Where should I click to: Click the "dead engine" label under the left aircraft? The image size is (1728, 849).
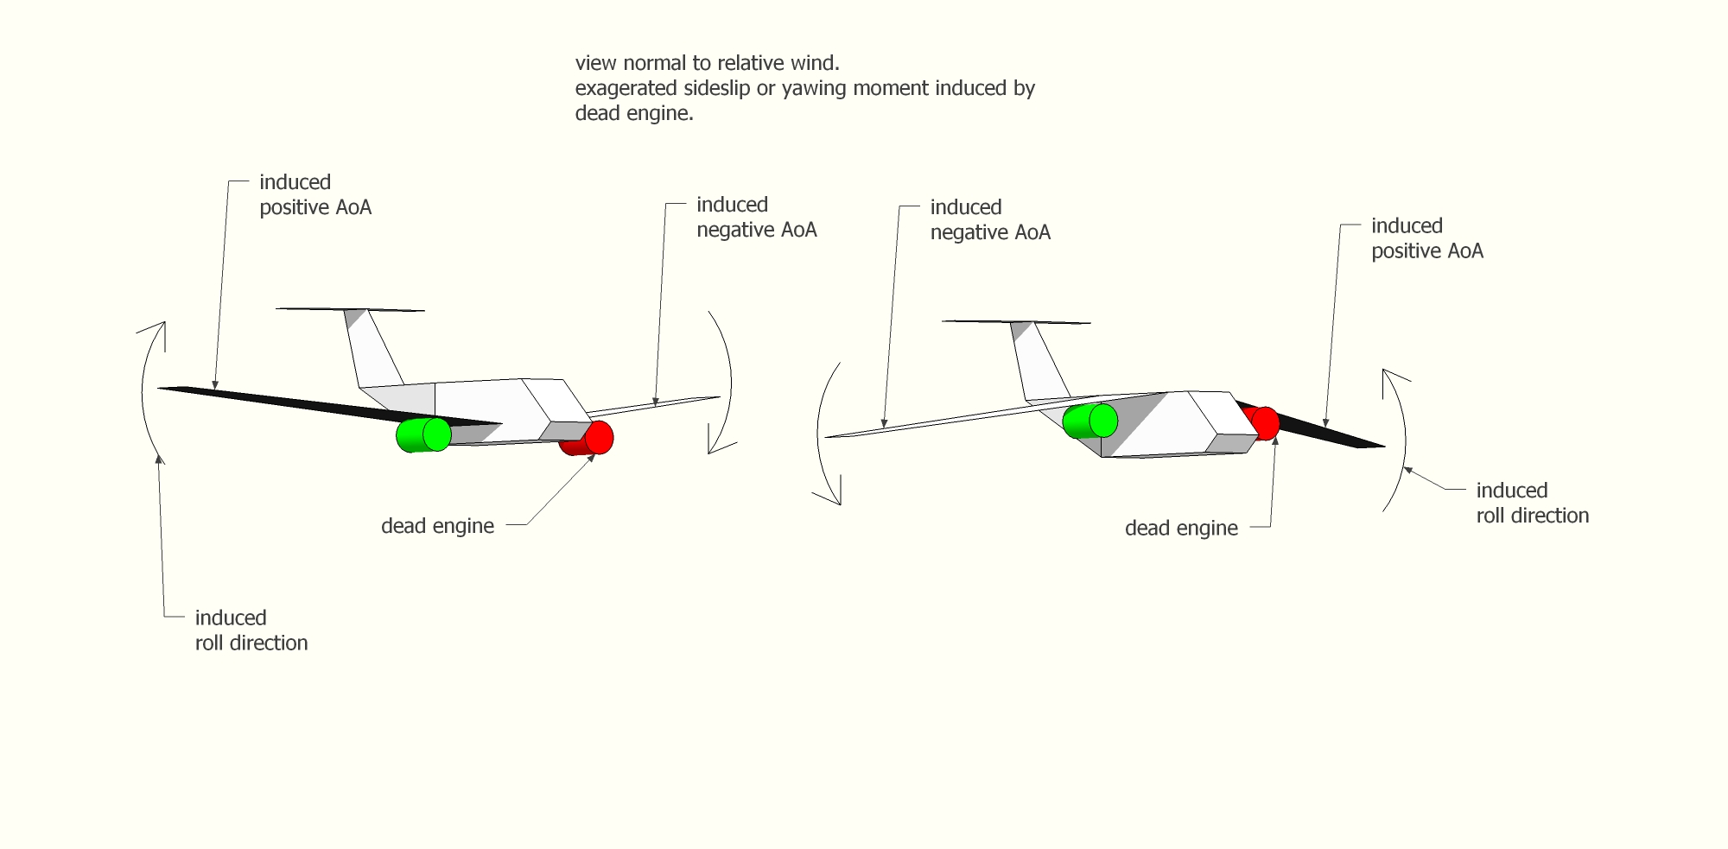point(437,526)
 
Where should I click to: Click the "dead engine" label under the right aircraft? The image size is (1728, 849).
point(1181,529)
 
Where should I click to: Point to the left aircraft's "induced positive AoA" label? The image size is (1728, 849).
point(315,195)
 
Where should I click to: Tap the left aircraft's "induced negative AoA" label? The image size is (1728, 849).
point(756,218)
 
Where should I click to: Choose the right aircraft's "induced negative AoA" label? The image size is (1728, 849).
point(990,220)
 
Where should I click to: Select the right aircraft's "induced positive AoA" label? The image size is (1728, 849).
point(1426,239)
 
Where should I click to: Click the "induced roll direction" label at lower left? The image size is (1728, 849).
point(251,630)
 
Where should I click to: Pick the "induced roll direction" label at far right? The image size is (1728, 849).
point(1532,504)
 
